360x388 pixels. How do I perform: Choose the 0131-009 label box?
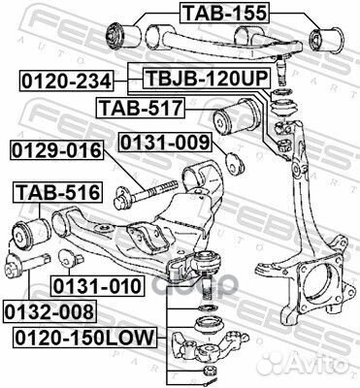(x=164, y=144)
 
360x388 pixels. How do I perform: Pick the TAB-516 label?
(x=53, y=192)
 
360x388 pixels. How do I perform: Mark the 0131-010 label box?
(x=98, y=286)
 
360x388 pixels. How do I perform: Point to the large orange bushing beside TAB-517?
(x=239, y=118)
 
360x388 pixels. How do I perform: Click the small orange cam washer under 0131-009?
(x=232, y=159)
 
